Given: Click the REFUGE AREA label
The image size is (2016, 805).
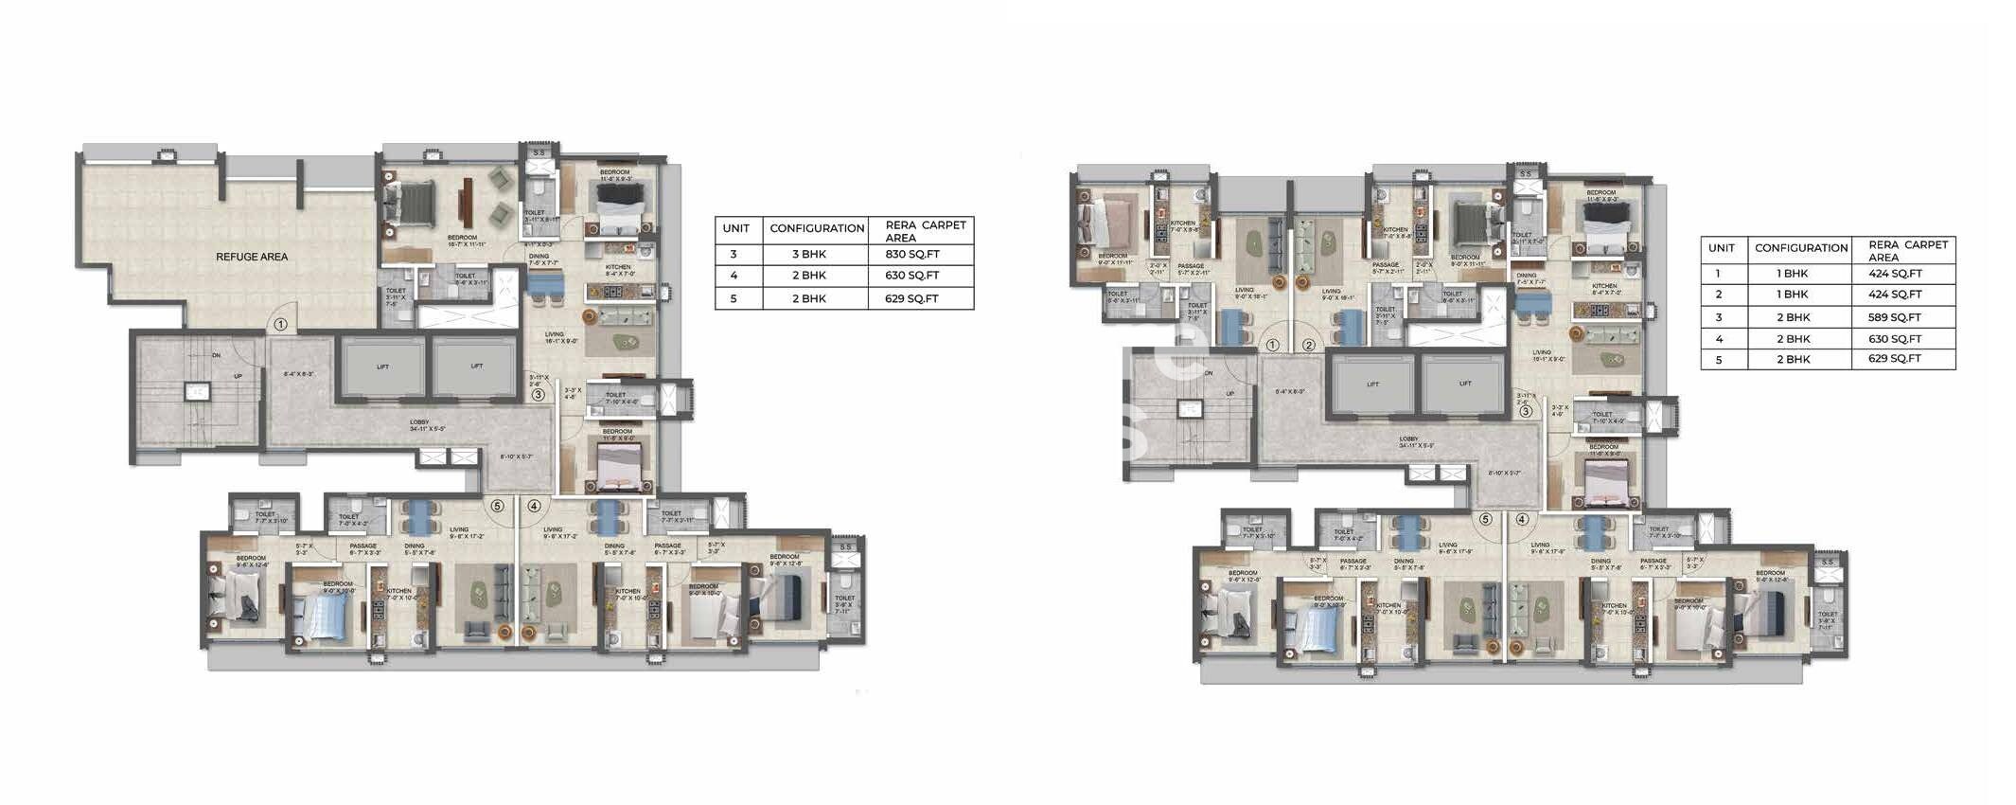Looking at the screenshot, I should [252, 257].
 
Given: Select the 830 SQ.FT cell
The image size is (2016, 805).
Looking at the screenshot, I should [912, 254].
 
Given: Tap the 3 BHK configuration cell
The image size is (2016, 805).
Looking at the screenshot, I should [809, 254].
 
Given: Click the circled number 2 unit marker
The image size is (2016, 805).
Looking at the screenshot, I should [1309, 346].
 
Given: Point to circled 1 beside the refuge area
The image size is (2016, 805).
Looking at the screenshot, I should [280, 324].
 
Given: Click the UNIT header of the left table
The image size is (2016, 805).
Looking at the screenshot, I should [736, 228].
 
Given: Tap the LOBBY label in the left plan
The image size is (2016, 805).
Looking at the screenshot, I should [419, 423].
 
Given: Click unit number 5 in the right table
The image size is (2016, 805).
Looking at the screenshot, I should [1718, 360].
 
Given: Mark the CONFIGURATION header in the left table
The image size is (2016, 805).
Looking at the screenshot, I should [817, 228].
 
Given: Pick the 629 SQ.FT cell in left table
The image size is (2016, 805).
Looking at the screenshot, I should [912, 298].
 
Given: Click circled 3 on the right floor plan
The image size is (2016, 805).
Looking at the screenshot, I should [1525, 412].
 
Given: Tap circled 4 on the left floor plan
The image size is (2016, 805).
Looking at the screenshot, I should [534, 507].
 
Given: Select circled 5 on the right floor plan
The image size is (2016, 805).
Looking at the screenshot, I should [1485, 519].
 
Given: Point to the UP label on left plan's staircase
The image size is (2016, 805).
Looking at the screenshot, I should [238, 376].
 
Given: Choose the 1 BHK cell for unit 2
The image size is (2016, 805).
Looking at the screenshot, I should [1793, 295].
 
